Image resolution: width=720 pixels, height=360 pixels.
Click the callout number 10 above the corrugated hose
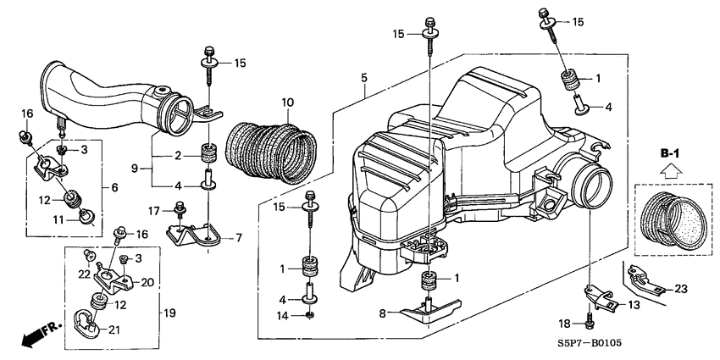click(287, 102)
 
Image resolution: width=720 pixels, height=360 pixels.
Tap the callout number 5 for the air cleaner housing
click(363, 79)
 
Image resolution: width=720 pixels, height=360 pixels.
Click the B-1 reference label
click(670, 152)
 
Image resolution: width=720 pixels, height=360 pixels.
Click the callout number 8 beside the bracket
click(385, 313)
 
